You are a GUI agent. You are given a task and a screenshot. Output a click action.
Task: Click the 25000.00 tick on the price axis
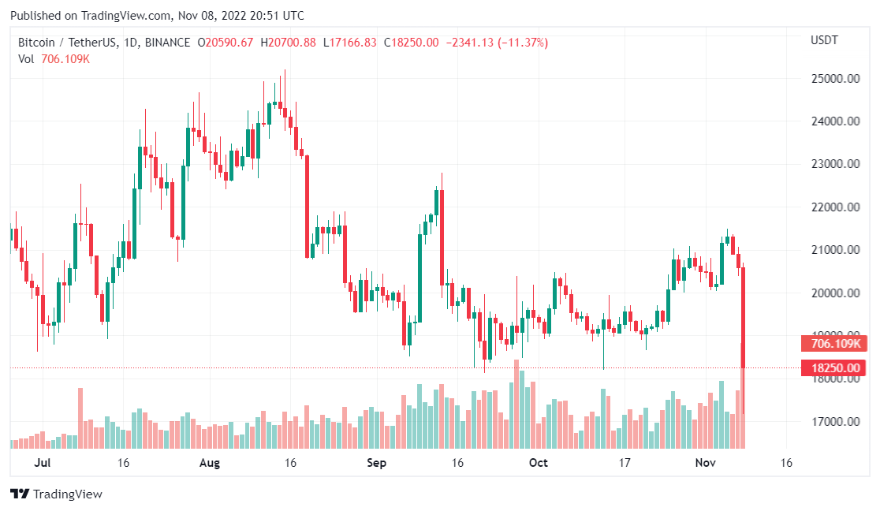click(x=837, y=79)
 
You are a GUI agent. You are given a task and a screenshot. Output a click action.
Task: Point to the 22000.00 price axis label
click(x=837, y=207)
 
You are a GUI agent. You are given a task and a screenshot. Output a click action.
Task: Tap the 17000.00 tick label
click(x=837, y=422)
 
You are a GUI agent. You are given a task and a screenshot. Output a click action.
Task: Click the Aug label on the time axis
click(x=209, y=463)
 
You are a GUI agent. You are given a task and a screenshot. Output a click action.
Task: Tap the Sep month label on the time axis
click(x=377, y=463)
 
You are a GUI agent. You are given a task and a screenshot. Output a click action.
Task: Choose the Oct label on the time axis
click(x=539, y=463)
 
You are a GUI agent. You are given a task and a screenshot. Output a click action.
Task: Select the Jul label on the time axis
click(x=43, y=463)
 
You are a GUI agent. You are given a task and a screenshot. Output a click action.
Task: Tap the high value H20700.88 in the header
click(x=288, y=43)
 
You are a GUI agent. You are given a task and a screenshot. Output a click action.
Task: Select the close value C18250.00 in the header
click(x=411, y=43)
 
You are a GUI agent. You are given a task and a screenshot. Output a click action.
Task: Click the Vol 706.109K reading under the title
click(x=54, y=59)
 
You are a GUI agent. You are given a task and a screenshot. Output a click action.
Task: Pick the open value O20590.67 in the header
click(x=226, y=43)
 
